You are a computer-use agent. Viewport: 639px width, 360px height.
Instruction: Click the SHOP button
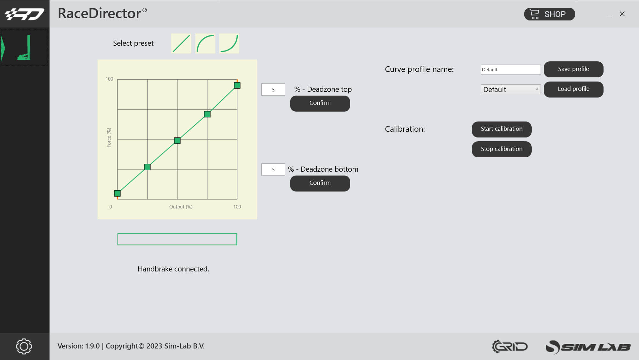tap(549, 14)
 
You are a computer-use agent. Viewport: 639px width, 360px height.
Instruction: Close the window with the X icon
tap(622, 14)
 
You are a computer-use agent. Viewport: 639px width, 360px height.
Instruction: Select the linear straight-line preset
tap(181, 43)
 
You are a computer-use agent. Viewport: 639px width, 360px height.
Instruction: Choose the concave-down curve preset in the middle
tap(205, 43)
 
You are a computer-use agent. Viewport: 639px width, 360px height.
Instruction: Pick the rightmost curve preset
tap(229, 43)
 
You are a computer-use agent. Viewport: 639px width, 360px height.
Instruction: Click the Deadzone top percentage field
tap(273, 90)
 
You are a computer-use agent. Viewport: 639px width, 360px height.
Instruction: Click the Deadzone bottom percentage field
tap(273, 169)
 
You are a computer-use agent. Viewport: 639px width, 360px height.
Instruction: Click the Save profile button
tap(574, 69)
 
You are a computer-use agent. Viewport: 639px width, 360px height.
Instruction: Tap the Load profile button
tap(574, 89)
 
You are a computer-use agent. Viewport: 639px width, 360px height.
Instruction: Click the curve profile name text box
tap(511, 69)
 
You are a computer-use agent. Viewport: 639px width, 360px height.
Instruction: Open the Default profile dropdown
tap(511, 90)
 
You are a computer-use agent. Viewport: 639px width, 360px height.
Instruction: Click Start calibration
tap(502, 129)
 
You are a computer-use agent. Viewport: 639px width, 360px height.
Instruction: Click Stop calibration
tap(502, 149)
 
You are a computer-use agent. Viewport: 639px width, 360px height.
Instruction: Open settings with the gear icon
tap(24, 346)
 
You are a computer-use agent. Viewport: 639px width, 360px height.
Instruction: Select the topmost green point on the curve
tap(237, 85)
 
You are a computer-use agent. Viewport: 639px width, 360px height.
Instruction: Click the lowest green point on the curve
tap(117, 193)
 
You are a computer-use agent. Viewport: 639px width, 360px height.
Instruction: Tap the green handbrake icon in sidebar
tap(24, 48)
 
